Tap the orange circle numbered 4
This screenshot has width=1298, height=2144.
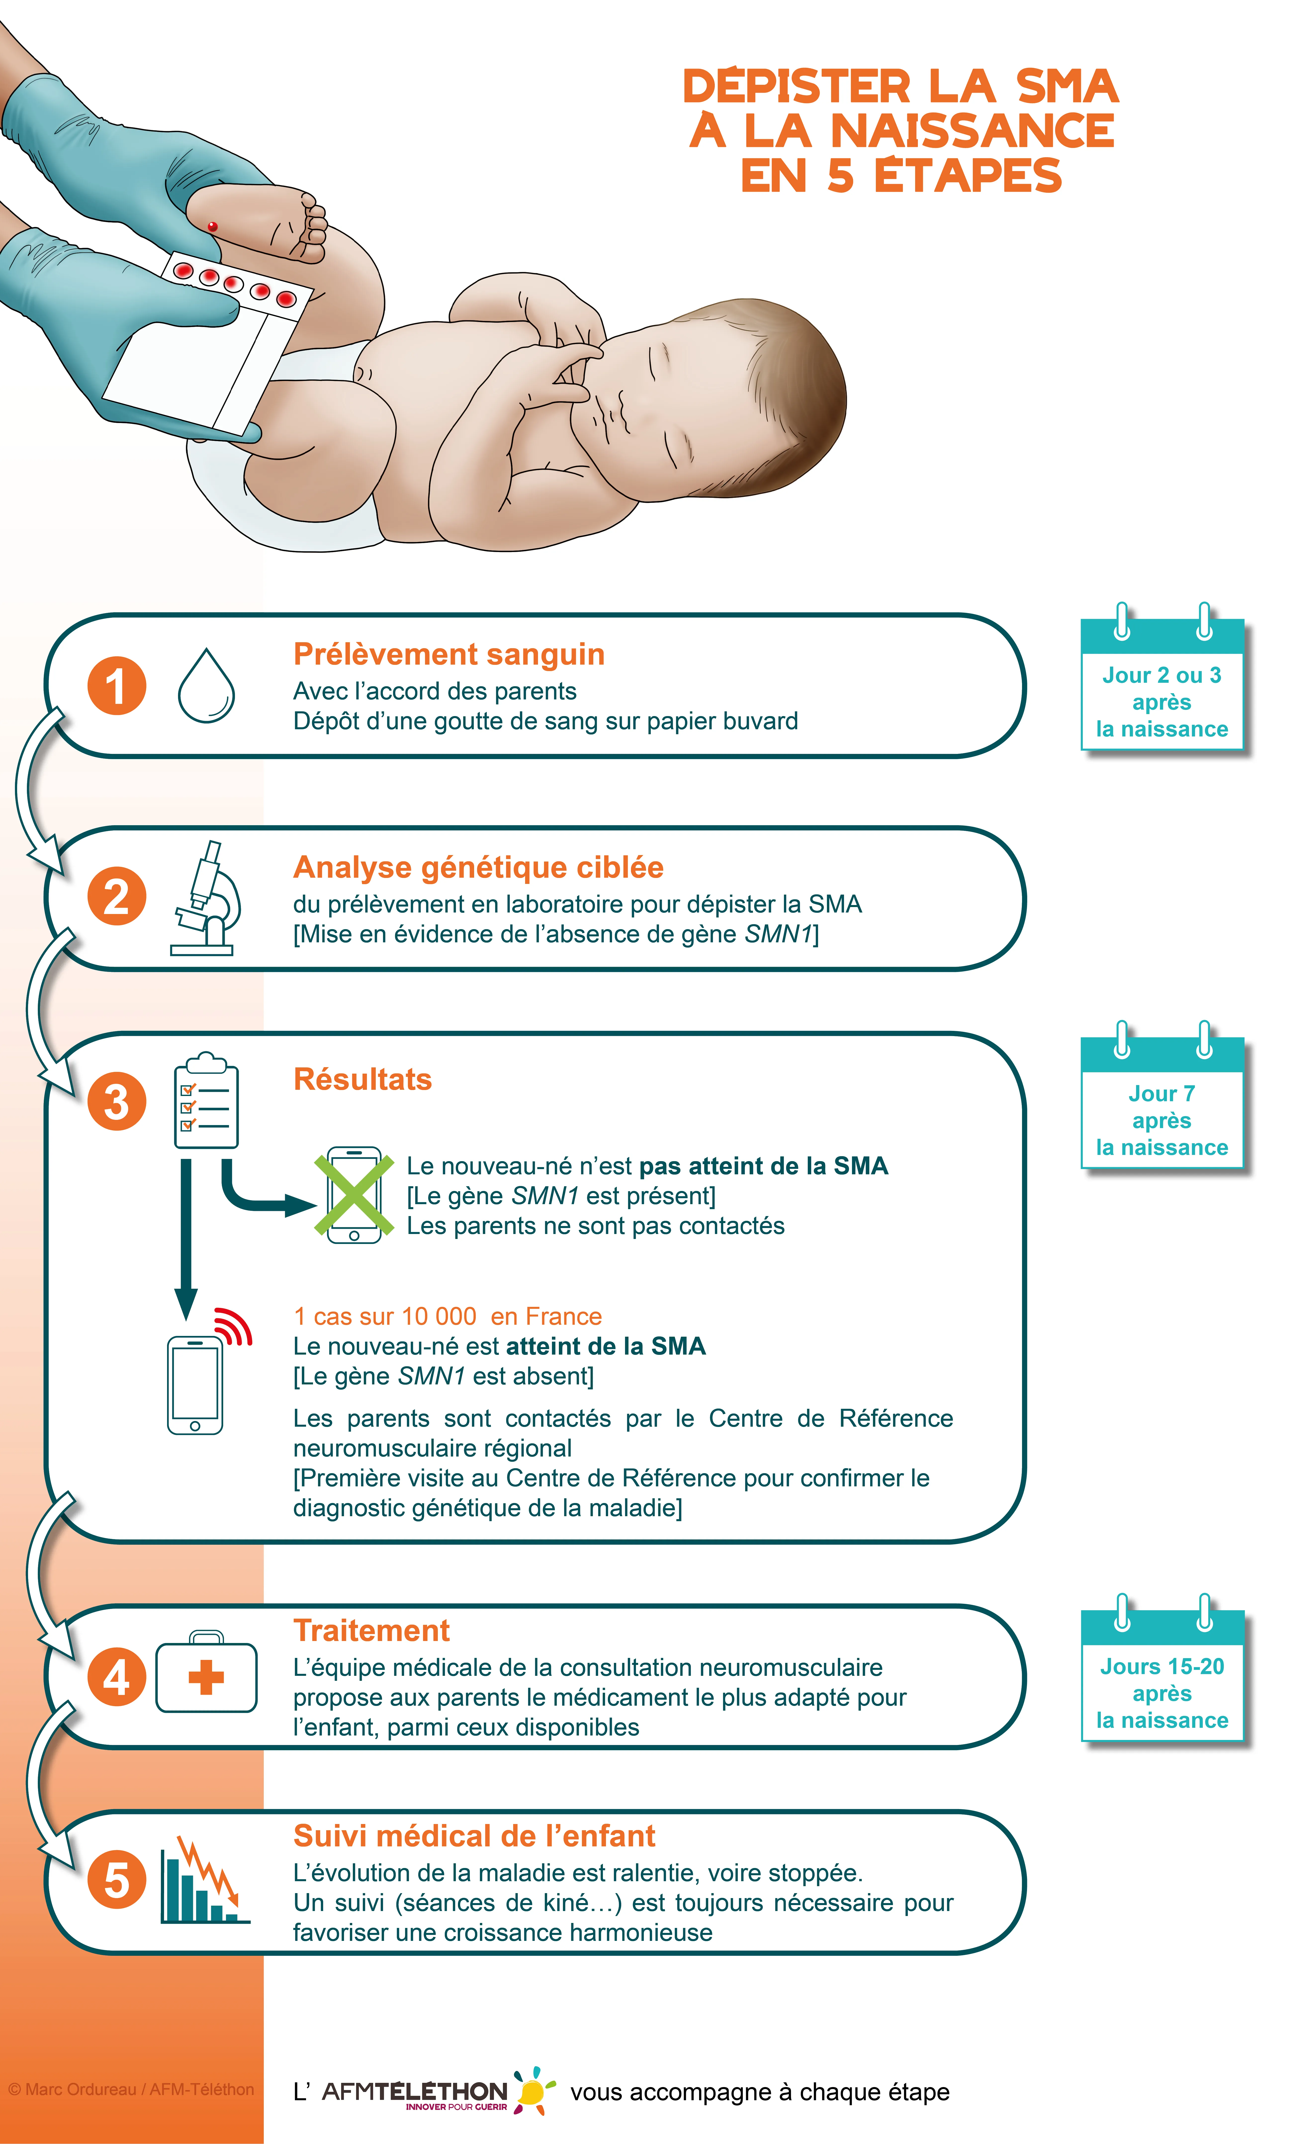point(117,1678)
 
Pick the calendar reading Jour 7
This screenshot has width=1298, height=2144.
point(1162,1101)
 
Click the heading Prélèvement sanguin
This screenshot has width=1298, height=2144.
point(449,654)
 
